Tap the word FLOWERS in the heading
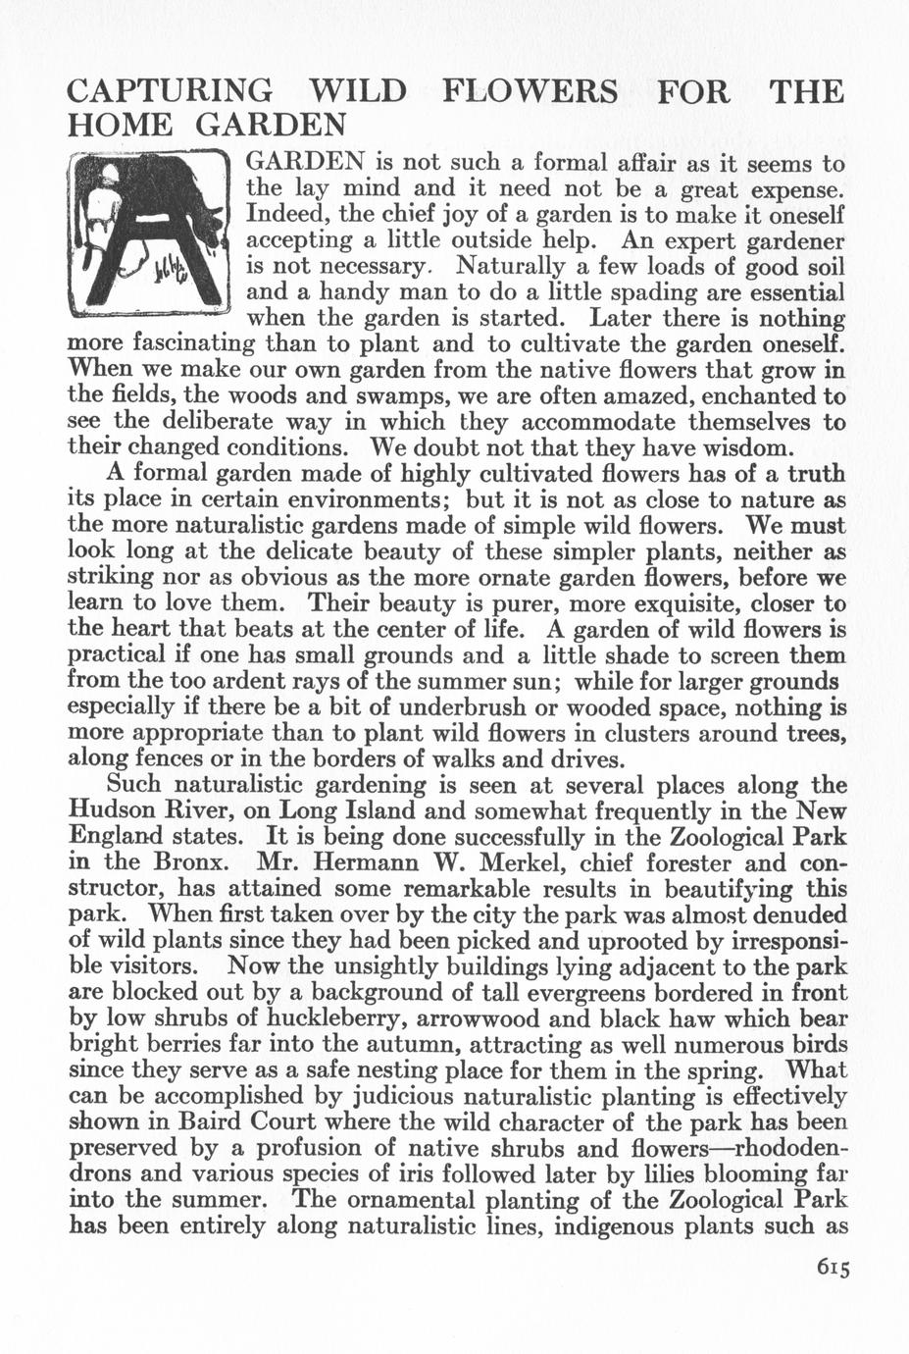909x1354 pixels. pyautogui.click(x=530, y=92)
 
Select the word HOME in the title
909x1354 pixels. pyautogui.click(x=119, y=126)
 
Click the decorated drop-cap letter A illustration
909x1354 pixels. pyautogui.click(x=148, y=232)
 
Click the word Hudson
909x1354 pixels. pyautogui.click(x=112, y=811)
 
